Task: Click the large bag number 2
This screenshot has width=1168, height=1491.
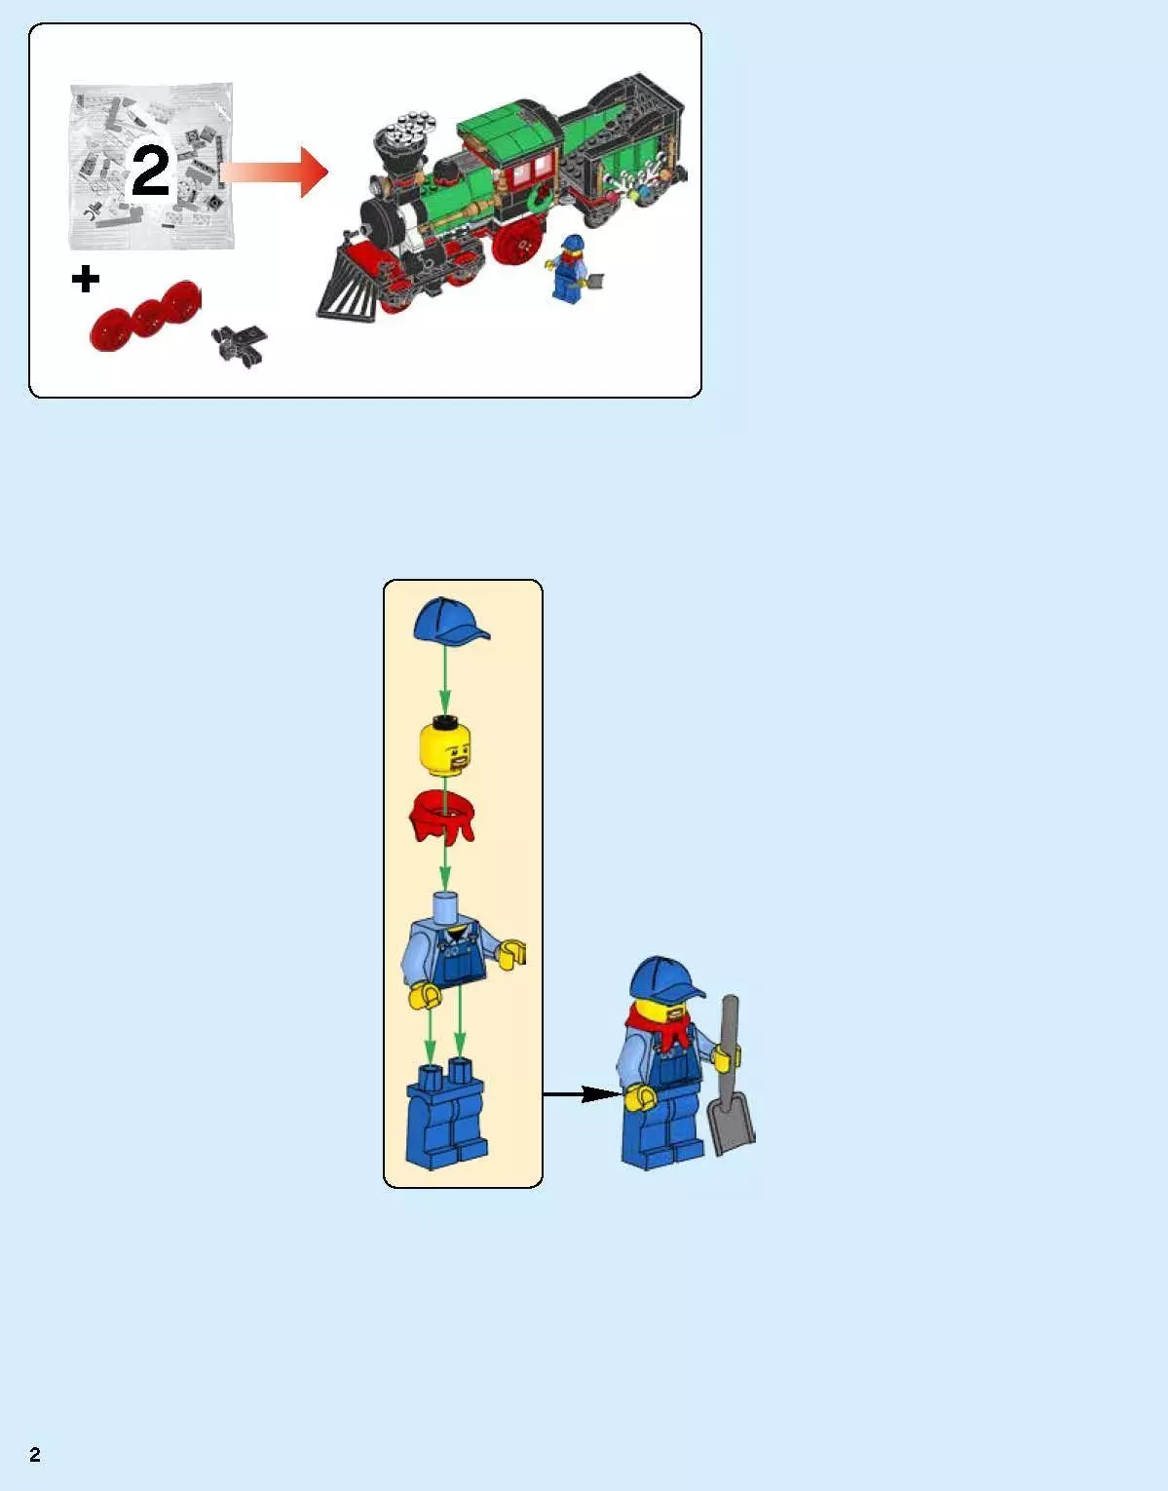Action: (151, 172)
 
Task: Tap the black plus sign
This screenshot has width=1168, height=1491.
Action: (86, 280)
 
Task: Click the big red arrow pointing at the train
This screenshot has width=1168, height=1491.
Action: (277, 172)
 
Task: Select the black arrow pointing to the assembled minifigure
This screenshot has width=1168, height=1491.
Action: (582, 1093)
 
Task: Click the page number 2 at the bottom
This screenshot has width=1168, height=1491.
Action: (35, 1455)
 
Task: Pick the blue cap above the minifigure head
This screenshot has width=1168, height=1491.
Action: (447, 621)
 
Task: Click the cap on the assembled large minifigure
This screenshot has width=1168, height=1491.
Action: (664, 978)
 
